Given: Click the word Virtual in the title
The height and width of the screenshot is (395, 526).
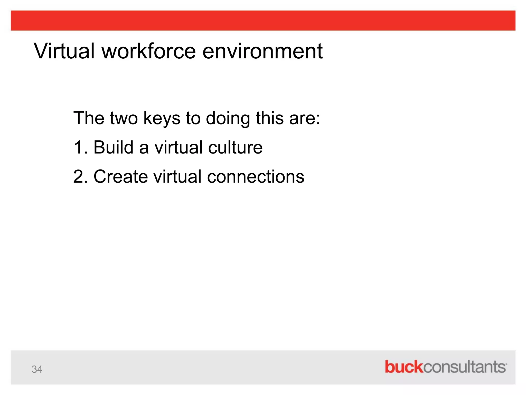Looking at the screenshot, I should [x=64, y=51].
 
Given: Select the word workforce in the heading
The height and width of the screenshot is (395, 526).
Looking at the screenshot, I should [x=149, y=51].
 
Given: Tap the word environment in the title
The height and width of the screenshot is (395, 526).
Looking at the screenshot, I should [x=262, y=51].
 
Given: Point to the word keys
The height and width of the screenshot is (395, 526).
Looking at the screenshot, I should [x=162, y=118].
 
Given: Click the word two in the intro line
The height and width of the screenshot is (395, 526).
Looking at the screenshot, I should [x=124, y=118].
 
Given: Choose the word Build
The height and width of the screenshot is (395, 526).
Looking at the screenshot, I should [x=113, y=148].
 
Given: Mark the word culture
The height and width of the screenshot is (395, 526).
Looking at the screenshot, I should [x=235, y=148].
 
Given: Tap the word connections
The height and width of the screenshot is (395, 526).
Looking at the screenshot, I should [x=256, y=177].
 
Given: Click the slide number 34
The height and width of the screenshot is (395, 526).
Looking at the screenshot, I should [x=37, y=369].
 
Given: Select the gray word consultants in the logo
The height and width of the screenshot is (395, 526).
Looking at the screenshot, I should [x=464, y=367].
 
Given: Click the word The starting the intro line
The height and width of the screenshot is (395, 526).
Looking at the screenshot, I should [x=89, y=118].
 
